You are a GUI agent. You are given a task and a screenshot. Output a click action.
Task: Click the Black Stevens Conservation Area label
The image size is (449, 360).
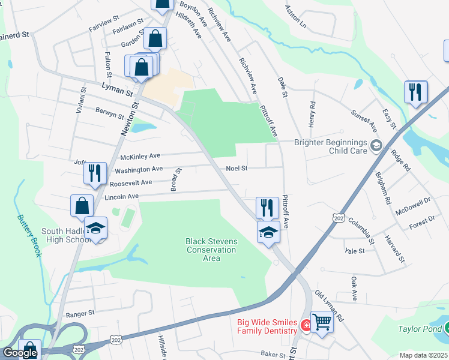211,250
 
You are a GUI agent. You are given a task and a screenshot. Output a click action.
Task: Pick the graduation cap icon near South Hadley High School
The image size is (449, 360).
95,229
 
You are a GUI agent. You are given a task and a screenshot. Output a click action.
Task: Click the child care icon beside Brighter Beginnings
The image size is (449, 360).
376,145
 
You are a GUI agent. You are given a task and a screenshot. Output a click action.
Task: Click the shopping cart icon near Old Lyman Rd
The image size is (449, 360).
322,323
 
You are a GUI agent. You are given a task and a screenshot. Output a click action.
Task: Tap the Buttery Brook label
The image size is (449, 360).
29,236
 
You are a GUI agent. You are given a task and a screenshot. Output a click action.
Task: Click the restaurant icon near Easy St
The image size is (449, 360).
415,92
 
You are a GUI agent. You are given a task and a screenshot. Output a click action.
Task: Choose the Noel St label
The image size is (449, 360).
237,169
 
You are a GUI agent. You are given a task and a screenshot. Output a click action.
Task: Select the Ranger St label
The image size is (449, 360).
80,313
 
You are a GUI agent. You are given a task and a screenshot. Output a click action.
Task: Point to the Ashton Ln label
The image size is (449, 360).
295,20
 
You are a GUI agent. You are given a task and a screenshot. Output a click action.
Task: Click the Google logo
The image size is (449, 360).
20,353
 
